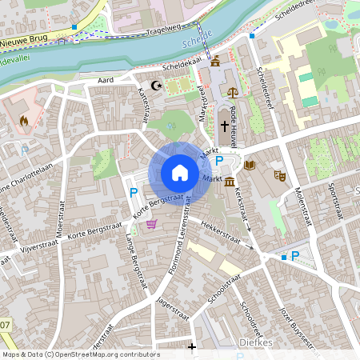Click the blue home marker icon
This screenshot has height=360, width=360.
[180, 173]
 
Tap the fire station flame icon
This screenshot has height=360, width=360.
[23, 122]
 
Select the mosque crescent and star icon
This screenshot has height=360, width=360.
[157, 86]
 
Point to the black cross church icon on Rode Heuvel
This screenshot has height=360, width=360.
[224, 126]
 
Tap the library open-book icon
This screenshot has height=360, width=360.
[250, 166]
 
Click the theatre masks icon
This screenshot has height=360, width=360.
[280, 174]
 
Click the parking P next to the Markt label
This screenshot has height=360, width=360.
[219, 161]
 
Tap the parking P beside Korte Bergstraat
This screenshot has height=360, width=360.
[134, 192]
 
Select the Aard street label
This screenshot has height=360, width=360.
[106, 81]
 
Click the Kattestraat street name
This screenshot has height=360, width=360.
[146, 106]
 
